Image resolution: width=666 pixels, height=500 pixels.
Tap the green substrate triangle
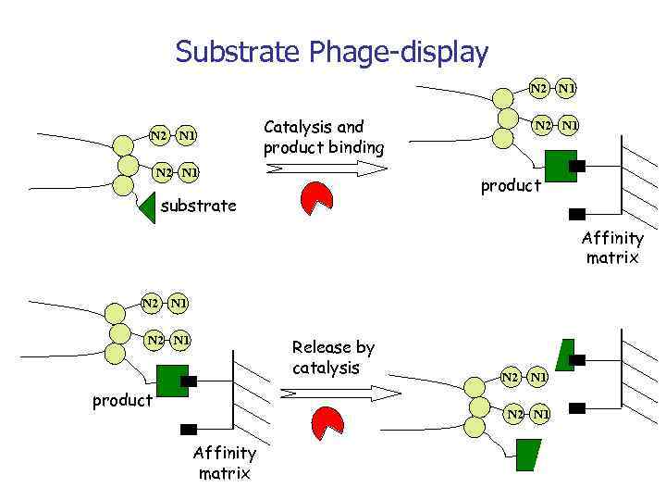[x=147, y=206]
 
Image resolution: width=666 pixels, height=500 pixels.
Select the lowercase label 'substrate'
[x=198, y=206]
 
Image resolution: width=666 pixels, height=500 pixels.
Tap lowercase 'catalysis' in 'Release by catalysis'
[x=325, y=368]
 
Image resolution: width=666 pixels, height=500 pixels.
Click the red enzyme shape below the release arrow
[x=327, y=421]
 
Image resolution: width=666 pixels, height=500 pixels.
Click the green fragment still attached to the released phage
[x=527, y=454]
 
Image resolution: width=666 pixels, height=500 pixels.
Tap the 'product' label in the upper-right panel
[x=511, y=186]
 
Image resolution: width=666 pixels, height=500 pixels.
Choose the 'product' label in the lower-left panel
[x=122, y=400]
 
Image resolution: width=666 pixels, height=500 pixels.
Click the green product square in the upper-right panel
[x=559, y=167]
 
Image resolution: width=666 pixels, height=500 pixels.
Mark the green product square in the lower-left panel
[x=171, y=381]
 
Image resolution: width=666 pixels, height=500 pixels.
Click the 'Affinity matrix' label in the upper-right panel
[x=612, y=248]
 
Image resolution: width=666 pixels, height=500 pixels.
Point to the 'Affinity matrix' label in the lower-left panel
[x=224, y=463]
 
